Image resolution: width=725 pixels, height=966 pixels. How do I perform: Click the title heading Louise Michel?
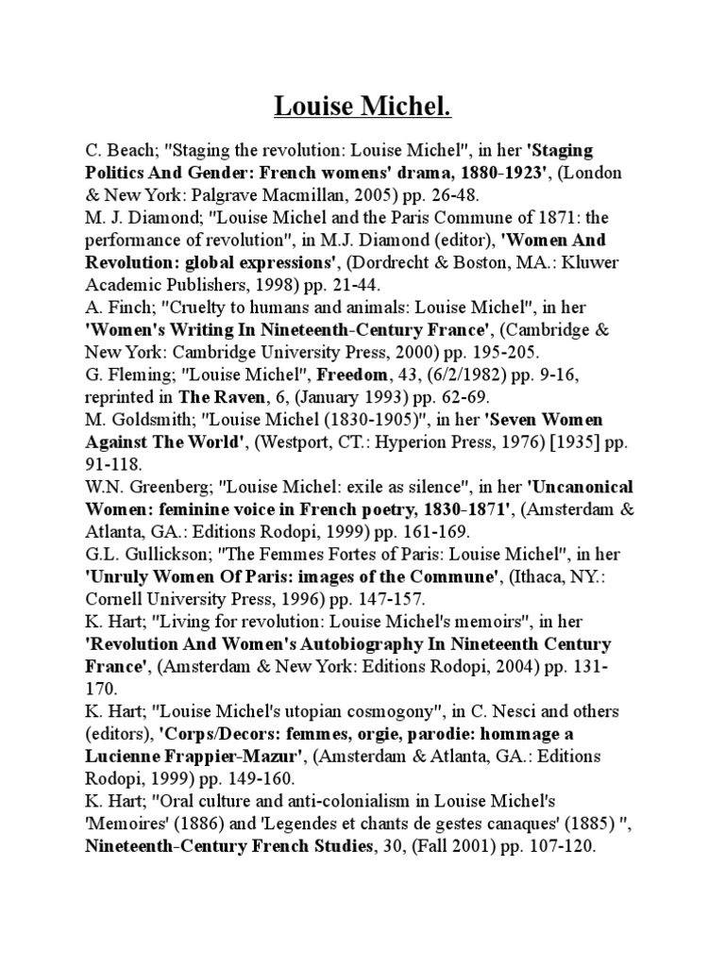[x=362, y=108]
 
